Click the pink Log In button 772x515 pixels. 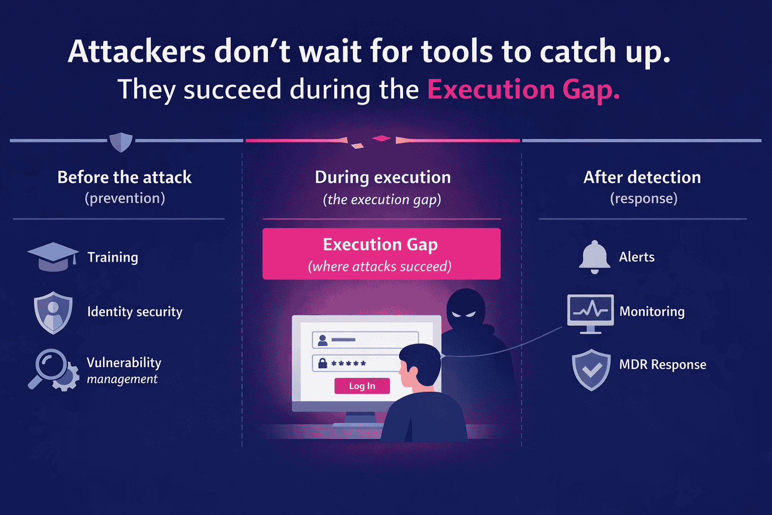pyautogui.click(x=362, y=386)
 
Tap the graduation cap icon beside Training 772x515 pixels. pyautogui.click(x=53, y=256)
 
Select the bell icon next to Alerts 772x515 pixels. pyautogui.click(x=595, y=256)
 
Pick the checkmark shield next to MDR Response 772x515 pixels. pyautogui.click(x=591, y=369)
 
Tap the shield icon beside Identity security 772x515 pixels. pyautogui.click(x=53, y=312)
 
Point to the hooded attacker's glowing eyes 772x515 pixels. pyautogui.click(x=463, y=314)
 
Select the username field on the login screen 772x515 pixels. pyautogui.click(x=365, y=340)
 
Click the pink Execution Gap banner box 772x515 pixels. pyautogui.click(x=381, y=253)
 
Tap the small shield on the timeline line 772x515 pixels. pyautogui.click(x=121, y=141)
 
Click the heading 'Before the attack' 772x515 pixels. pyautogui.click(x=124, y=177)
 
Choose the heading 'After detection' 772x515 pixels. pyautogui.click(x=642, y=177)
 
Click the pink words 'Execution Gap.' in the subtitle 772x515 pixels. pyautogui.click(x=523, y=90)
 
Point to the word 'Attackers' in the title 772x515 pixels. pyautogui.click(x=137, y=51)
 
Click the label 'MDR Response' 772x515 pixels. pyautogui.click(x=662, y=364)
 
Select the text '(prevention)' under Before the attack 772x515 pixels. pyautogui.click(x=125, y=198)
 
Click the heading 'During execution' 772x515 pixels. pyautogui.click(x=382, y=177)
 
